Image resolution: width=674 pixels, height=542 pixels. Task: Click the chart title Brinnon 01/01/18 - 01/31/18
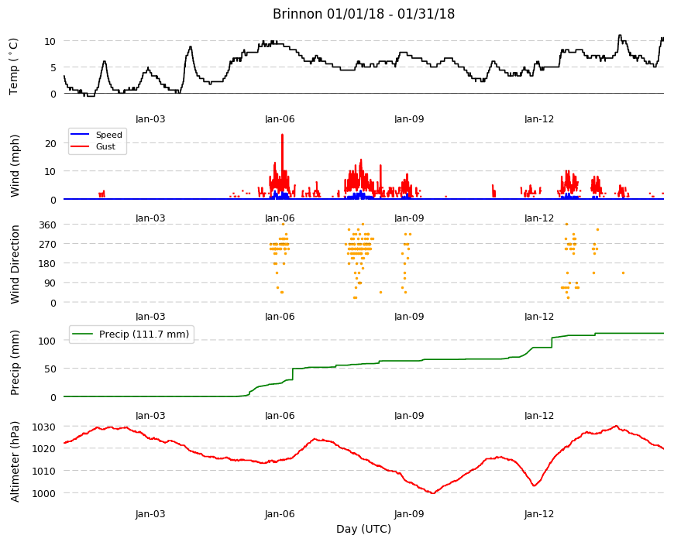click(x=363, y=14)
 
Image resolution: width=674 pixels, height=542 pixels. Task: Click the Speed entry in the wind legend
click(x=108, y=135)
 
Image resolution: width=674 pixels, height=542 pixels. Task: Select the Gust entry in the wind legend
click(x=105, y=146)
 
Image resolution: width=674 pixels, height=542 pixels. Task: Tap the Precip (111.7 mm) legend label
click(x=144, y=334)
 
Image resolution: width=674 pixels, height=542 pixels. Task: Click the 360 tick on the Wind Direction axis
click(x=48, y=225)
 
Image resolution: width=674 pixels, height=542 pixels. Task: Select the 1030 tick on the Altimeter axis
click(x=44, y=427)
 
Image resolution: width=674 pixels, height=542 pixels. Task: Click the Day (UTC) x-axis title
click(x=363, y=529)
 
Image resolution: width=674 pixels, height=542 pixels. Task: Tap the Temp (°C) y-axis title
click(x=14, y=66)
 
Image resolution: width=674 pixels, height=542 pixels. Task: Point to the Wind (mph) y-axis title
click(x=15, y=166)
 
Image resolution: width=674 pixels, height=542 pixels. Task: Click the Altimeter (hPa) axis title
click(x=15, y=461)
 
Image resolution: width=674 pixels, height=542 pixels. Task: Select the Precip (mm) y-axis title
click(x=15, y=362)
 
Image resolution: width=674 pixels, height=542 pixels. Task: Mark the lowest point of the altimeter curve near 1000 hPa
click(x=432, y=493)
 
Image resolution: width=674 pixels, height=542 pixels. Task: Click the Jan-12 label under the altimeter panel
click(x=539, y=513)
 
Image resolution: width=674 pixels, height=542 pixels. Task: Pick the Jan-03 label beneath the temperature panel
click(x=150, y=119)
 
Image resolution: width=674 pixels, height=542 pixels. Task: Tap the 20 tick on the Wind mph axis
click(x=50, y=143)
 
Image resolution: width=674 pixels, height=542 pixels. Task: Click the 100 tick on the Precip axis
click(x=48, y=341)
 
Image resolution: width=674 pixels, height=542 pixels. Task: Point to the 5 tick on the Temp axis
click(x=53, y=67)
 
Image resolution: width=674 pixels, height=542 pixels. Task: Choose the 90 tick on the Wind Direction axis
click(x=50, y=283)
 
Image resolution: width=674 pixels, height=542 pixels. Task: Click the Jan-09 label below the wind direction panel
click(x=409, y=317)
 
